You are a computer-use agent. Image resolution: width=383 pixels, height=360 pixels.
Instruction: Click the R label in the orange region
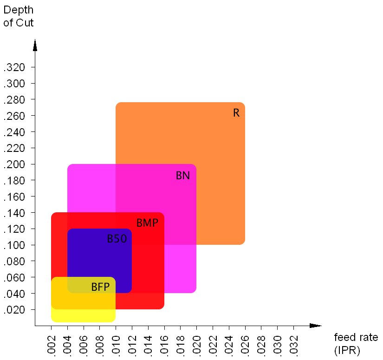(x=236, y=113)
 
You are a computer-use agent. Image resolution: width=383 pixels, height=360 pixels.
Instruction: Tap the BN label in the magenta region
(x=182, y=176)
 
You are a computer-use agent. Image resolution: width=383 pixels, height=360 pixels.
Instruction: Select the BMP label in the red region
(x=147, y=223)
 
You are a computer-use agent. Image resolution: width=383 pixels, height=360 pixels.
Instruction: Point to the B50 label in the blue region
(x=117, y=239)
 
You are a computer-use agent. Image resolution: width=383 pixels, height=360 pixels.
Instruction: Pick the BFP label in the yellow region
(x=100, y=287)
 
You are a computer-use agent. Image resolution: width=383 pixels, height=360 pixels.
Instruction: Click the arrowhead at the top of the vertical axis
(x=35, y=45)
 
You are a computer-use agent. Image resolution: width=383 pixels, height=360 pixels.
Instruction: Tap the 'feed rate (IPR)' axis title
(x=356, y=343)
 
